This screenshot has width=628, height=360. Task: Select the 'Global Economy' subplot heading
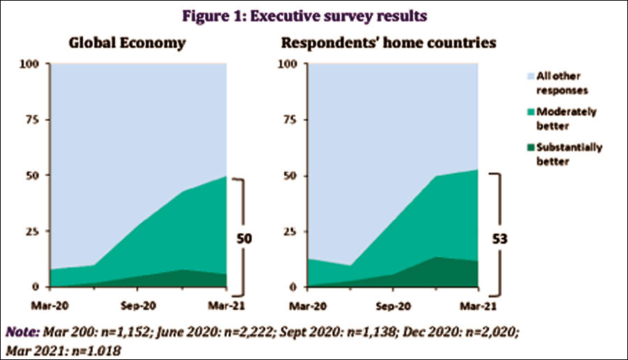127,43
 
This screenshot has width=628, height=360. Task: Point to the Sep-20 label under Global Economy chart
138,305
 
